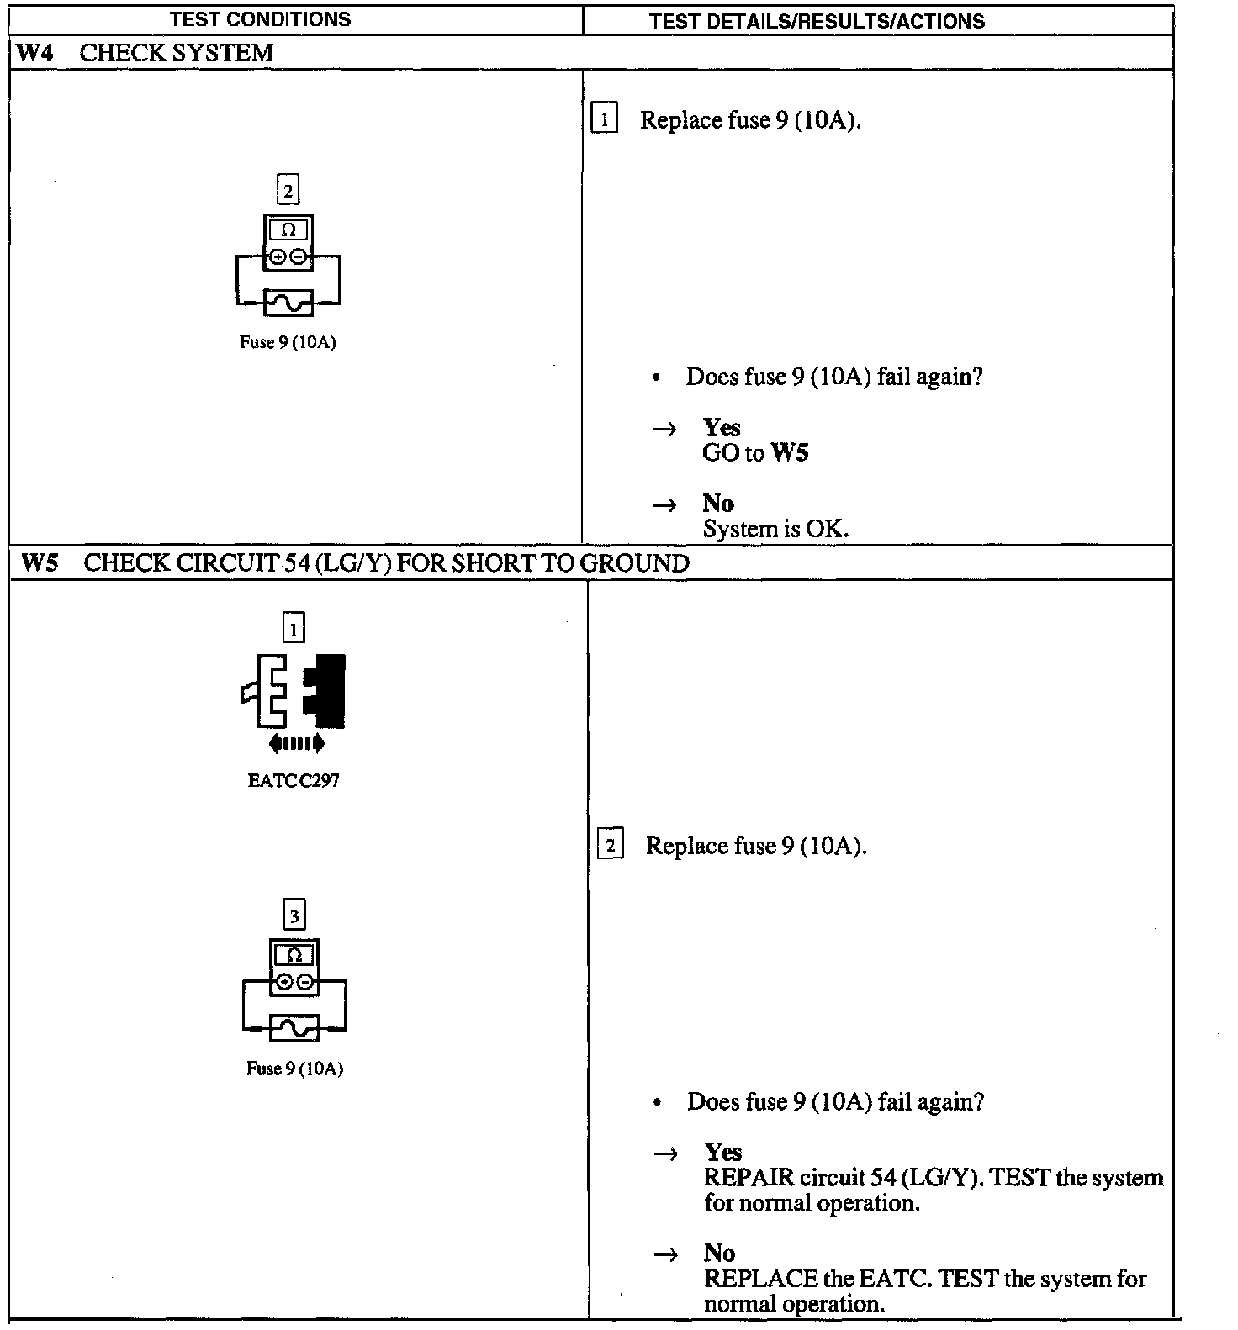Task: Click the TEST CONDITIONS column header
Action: pos(260,19)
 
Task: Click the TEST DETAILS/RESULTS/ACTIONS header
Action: pos(817,21)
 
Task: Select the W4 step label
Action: pos(34,53)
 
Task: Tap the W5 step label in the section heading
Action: pos(40,562)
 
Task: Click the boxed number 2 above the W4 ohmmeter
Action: pos(288,191)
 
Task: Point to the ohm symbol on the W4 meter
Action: pos(288,230)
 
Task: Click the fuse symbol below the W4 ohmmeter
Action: pos(288,303)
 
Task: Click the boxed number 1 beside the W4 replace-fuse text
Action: pos(605,119)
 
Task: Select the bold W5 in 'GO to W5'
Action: pos(790,453)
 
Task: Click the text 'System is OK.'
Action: pos(775,529)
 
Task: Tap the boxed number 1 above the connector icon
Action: pos(294,628)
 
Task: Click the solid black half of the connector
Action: pos(326,690)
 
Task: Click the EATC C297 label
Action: pos(294,780)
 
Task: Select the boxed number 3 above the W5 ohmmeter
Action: pos(294,916)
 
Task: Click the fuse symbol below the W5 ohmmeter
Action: pos(294,1027)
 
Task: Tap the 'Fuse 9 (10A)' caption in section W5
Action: pos(294,1069)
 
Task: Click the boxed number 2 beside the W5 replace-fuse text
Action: pos(611,845)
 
